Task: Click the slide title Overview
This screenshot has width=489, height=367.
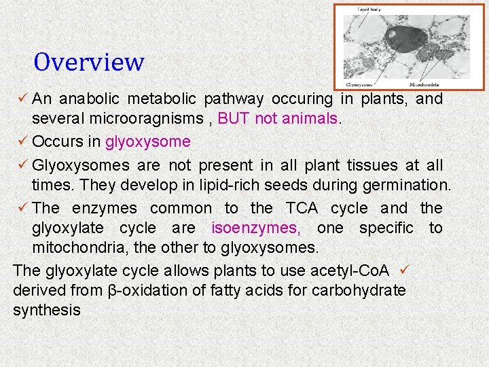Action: point(89,63)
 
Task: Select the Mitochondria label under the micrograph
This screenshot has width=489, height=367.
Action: point(424,85)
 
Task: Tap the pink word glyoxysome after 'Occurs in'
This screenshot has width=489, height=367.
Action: point(147,142)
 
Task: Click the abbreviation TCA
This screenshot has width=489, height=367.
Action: point(302,208)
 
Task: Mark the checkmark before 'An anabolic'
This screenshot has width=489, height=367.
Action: point(22,99)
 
